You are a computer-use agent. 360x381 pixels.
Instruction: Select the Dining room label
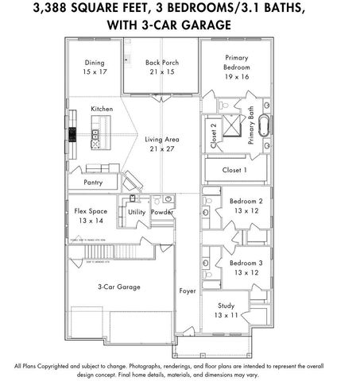point(95,63)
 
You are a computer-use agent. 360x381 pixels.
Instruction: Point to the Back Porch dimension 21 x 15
point(159,72)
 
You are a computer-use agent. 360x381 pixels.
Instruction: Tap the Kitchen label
point(103,109)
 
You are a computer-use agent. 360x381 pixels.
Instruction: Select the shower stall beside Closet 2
point(233,125)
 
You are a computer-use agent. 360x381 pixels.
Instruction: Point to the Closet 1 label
point(234,170)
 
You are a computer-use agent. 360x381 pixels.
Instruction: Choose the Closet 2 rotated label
point(213,134)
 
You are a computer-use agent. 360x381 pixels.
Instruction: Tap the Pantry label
point(93,182)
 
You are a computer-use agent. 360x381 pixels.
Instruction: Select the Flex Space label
point(91,211)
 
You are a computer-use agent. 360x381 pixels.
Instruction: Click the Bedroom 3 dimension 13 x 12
point(246,272)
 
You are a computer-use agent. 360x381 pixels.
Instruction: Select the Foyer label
point(187,291)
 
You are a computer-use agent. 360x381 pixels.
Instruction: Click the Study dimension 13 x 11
point(226,315)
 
